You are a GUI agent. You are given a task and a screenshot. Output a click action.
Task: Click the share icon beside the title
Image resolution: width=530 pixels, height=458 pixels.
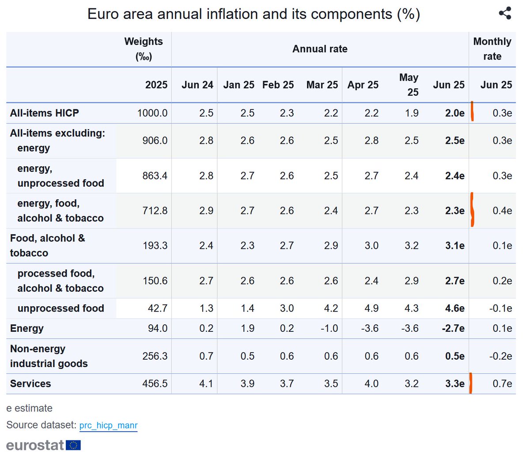(505, 13)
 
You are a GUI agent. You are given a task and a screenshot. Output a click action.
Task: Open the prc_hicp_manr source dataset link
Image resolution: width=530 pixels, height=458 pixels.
(108, 425)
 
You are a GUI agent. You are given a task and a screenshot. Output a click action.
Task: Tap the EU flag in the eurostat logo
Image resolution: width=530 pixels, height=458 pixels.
(73, 445)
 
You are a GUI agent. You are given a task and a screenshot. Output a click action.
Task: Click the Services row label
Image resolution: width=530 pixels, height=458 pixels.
(30, 384)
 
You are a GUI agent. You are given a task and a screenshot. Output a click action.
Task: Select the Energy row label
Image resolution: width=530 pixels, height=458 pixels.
(27, 329)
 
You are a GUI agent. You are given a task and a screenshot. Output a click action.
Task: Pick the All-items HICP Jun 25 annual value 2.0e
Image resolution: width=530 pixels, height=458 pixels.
(454, 113)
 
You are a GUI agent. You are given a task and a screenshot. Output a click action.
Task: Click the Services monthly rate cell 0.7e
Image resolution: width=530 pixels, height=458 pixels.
(502, 384)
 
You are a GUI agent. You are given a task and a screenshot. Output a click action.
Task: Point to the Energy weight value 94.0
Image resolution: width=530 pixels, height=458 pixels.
(158, 329)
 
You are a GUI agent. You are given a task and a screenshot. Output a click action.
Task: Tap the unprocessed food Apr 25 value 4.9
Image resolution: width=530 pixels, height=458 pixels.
(371, 308)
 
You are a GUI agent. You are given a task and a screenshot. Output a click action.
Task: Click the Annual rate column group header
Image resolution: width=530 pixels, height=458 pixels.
(320, 49)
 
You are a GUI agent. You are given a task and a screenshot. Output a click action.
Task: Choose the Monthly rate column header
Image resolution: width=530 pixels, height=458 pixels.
(492, 49)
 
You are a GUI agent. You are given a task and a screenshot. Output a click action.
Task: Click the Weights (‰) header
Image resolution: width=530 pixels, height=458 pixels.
(144, 49)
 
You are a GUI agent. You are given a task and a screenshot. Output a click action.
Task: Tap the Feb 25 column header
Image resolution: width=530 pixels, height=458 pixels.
(278, 85)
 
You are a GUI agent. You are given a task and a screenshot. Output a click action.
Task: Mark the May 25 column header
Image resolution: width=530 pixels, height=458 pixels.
(409, 85)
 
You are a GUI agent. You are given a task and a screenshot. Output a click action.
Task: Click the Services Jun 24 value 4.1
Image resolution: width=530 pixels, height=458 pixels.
(206, 384)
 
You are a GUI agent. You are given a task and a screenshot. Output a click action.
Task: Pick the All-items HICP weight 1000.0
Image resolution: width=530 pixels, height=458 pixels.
(152, 113)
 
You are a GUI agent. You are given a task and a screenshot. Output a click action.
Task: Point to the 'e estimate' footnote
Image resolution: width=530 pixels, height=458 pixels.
(29, 408)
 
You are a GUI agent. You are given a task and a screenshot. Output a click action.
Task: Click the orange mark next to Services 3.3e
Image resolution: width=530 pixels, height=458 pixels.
(471, 383)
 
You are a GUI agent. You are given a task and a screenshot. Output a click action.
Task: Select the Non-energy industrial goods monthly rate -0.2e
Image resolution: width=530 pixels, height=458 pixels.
(500, 357)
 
